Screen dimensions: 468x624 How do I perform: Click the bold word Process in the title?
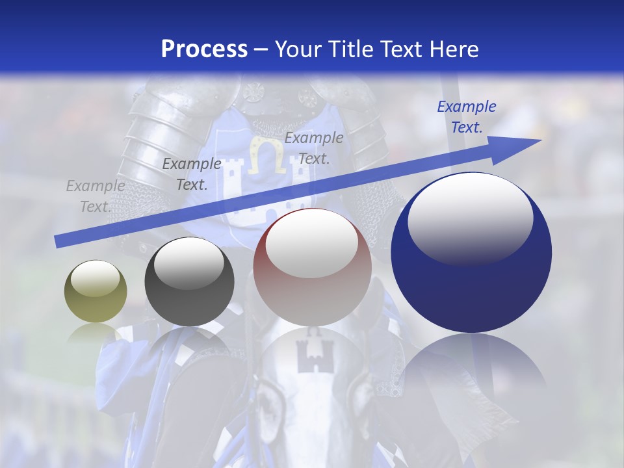point(204,49)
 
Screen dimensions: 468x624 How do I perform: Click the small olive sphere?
point(96,292)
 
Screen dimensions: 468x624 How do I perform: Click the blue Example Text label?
point(466,117)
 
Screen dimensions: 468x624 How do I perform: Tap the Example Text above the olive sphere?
point(95,196)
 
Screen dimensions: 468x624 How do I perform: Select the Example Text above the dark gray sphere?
point(191,174)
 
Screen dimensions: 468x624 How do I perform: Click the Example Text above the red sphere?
point(313,148)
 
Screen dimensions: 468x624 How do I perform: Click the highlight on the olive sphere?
point(95,278)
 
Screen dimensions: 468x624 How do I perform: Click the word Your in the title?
point(300,49)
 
